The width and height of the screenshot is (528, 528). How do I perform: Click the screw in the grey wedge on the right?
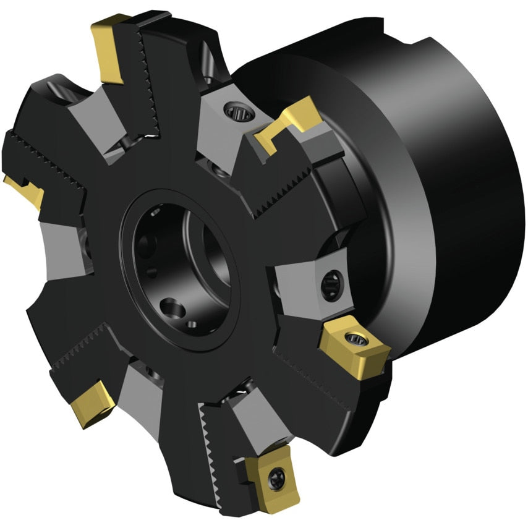coord(328,284)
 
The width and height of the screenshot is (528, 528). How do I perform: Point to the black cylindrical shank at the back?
coord(433,185)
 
